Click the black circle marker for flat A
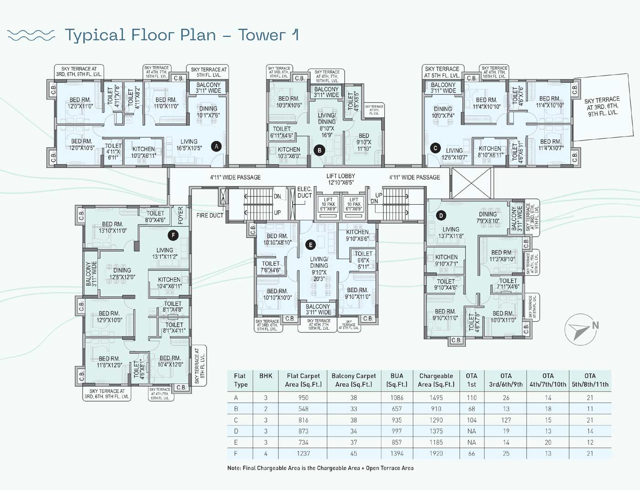[216, 147]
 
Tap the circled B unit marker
[320, 150]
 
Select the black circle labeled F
[173, 235]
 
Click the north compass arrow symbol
[581, 329]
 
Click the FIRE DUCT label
[210, 215]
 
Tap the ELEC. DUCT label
[304, 192]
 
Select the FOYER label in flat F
[180, 215]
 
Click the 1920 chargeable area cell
[436, 453]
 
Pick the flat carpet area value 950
[304, 398]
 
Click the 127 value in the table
[506, 420]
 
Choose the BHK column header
[266, 376]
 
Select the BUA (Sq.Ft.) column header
[396, 380]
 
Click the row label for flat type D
[236, 431]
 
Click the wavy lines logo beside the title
[31, 35]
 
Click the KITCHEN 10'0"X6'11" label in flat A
[144, 152]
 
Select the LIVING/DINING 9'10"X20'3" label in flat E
[319, 269]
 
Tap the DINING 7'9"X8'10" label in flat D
[488, 218]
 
